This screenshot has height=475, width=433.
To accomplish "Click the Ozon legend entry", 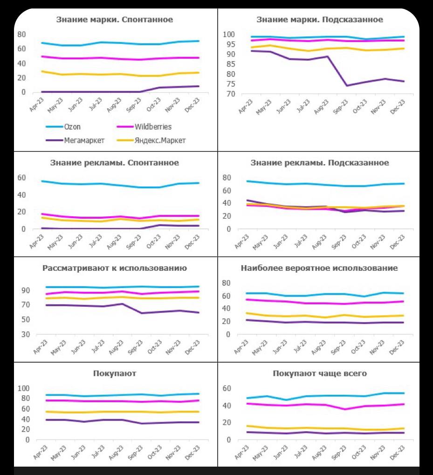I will (x=73, y=127).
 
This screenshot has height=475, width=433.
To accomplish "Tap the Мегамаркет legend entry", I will (x=84, y=140).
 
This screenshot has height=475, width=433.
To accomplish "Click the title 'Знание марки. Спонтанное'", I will (x=115, y=20).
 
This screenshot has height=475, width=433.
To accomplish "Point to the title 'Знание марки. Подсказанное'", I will (x=320, y=20).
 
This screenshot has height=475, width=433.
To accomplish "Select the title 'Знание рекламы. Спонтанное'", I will (x=115, y=163).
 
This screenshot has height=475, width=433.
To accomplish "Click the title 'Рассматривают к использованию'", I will (x=115, y=268).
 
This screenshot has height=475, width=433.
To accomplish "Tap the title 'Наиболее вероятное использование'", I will (x=319, y=268).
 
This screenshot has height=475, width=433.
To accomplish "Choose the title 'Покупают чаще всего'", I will (x=320, y=374).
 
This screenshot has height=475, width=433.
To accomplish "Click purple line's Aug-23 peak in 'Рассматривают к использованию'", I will (x=121, y=304).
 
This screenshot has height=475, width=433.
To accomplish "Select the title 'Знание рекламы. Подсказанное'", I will (x=320, y=163).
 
